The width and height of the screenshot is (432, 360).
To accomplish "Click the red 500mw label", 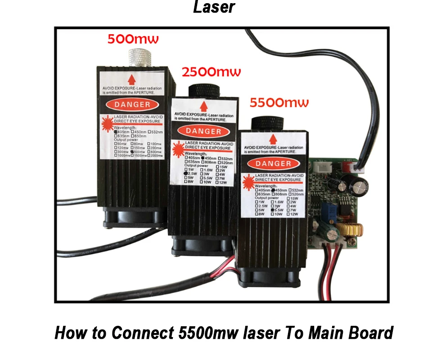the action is click(x=133, y=39).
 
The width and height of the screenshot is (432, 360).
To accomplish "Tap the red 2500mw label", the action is click(x=211, y=72).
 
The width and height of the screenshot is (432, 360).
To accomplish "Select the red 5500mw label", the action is click(x=279, y=103).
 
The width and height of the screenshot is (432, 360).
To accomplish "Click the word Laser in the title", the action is click(x=214, y=7).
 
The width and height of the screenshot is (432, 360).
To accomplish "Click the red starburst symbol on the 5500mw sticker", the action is click(x=248, y=180).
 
